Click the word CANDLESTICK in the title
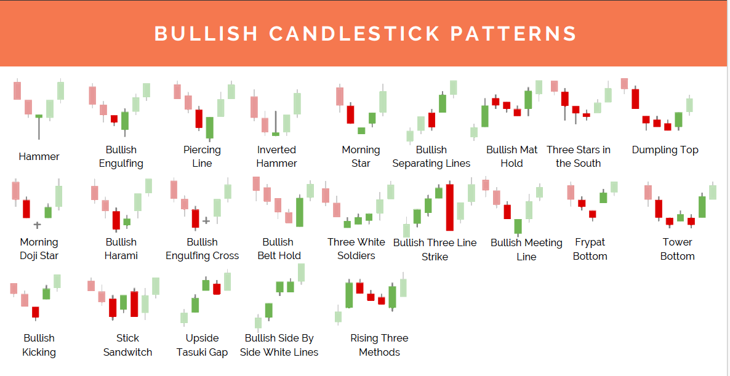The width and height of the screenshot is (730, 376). click(355, 34)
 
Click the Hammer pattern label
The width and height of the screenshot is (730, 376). click(39, 156)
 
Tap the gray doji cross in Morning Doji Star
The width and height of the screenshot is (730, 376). click(38, 225)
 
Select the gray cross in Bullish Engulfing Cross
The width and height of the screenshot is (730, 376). click(206, 220)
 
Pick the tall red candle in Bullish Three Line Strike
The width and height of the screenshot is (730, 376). click(449, 207)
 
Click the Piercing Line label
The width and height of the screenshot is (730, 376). click(202, 156)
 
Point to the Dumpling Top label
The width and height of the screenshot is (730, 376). click(665, 150)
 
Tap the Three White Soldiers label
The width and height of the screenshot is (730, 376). click(356, 249)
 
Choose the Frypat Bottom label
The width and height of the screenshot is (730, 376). click(590, 249)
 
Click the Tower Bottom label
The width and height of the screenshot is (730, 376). click(678, 249)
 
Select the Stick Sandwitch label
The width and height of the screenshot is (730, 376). click(127, 345)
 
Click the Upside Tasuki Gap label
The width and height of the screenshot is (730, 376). click(202, 345)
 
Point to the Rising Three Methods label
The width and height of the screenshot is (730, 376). click(379, 345)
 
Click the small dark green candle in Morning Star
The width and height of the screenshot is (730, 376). click(361, 130)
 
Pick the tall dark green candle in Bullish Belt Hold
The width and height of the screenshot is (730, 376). click(300, 212)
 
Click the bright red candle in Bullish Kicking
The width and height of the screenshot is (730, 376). click(35, 312)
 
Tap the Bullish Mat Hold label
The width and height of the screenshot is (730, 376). click(511, 156)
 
